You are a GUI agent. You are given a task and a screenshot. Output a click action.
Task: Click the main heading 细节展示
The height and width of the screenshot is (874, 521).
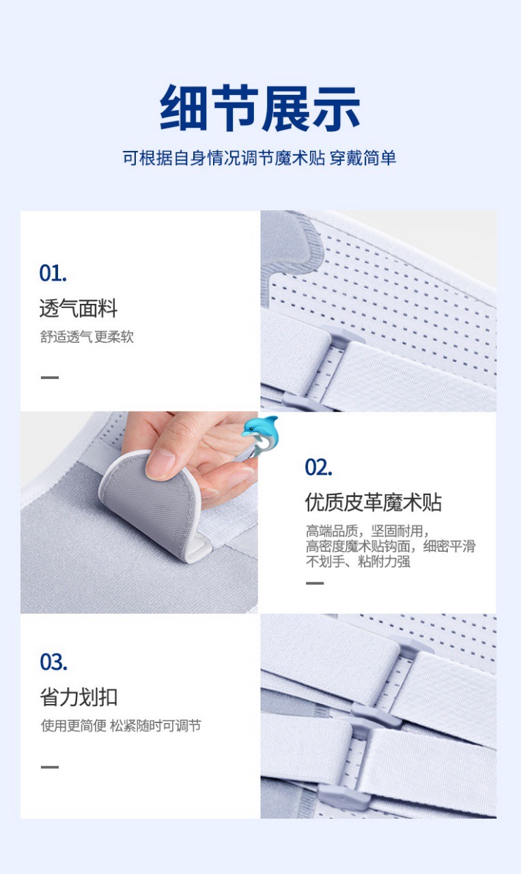[x=260, y=108]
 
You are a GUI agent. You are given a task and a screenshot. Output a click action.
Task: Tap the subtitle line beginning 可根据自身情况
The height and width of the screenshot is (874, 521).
[x=259, y=158]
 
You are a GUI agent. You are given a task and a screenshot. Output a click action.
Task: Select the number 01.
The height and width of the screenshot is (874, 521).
[x=53, y=273]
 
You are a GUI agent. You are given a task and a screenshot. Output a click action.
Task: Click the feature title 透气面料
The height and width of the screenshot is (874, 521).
[x=79, y=308]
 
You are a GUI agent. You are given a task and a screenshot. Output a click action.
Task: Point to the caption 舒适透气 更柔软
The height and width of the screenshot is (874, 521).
[x=87, y=337]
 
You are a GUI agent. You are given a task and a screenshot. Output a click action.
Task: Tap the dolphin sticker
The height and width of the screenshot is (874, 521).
[x=260, y=436]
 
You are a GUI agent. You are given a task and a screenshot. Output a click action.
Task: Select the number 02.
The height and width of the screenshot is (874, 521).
[x=318, y=468]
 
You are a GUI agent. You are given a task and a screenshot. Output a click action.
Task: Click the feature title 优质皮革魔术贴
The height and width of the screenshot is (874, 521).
[x=374, y=502]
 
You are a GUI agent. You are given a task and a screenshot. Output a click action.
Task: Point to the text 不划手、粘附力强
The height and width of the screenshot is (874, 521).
[x=358, y=561]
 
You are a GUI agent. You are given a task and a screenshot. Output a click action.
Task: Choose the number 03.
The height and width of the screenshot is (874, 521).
[x=53, y=662]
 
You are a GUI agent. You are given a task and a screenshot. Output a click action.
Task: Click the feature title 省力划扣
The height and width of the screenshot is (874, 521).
[x=79, y=697]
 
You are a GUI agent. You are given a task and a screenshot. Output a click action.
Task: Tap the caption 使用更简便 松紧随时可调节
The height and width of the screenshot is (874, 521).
[x=121, y=726]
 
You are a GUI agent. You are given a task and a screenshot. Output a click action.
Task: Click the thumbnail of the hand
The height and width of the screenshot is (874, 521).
[x=139, y=512]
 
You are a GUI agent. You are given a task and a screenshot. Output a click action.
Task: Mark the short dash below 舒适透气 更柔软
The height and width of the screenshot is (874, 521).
[x=50, y=378]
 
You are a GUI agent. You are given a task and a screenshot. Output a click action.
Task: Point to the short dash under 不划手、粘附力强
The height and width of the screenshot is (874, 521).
[x=315, y=583]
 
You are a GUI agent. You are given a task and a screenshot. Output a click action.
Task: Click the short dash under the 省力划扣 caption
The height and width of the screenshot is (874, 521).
[x=50, y=767]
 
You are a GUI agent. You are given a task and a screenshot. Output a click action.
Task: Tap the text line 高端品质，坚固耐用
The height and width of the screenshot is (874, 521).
[x=367, y=531]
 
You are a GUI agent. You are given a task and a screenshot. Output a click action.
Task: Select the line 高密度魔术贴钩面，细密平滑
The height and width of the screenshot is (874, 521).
[x=391, y=546]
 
